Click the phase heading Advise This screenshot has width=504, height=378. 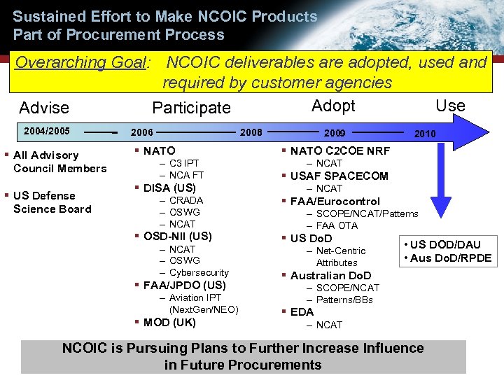[44, 108]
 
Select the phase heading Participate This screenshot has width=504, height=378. [191, 108]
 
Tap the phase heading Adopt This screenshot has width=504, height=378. [333, 106]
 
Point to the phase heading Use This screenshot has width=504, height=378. [450, 106]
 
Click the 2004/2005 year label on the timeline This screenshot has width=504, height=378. [47, 131]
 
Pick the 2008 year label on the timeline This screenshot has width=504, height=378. [251, 132]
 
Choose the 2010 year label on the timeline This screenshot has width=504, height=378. [424, 134]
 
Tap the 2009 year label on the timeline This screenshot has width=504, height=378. [334, 132]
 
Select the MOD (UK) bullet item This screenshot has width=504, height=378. [169, 323]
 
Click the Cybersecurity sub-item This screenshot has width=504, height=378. [199, 272]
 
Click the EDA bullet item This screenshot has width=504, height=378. [303, 312]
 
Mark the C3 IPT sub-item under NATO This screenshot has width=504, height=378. [184, 163]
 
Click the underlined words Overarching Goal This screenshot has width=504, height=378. [80, 62]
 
